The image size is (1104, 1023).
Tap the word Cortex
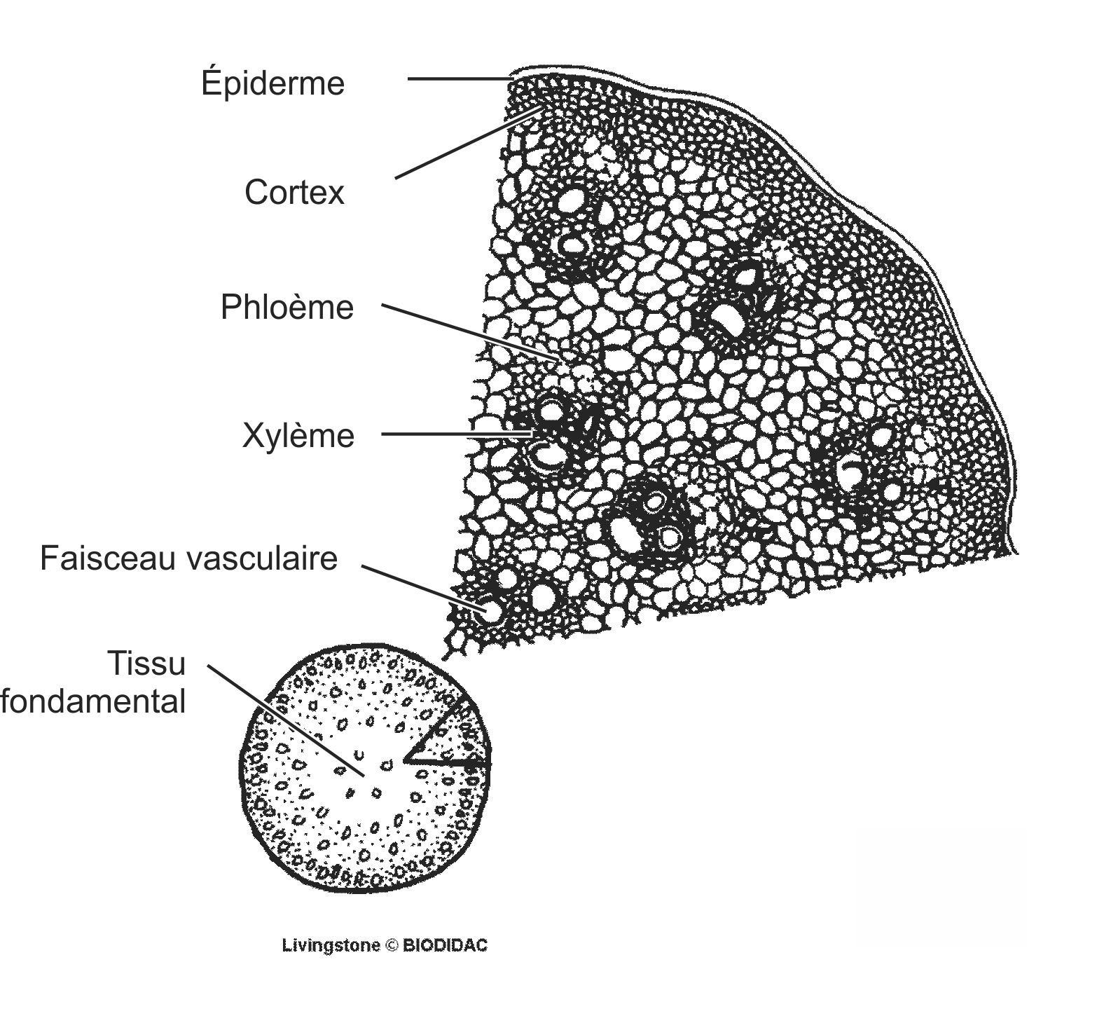click(x=294, y=192)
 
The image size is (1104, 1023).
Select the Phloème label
click(x=287, y=307)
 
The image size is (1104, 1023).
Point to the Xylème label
click(x=298, y=435)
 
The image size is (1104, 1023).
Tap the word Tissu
click(x=146, y=663)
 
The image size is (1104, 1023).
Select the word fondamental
click(x=93, y=701)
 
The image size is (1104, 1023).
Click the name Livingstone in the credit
click(x=331, y=945)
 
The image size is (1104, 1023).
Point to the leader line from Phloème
click(x=469, y=332)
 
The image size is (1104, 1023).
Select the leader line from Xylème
click(x=455, y=434)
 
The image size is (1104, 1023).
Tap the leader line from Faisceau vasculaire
click(x=420, y=588)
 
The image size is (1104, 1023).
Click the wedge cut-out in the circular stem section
click(x=448, y=743)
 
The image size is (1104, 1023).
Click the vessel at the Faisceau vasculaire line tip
click(x=492, y=612)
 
